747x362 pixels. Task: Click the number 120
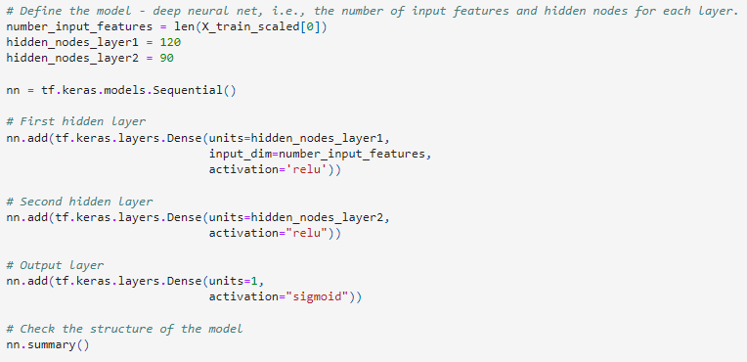168,43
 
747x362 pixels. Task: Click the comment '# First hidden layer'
75,121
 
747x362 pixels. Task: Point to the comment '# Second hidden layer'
79,202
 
